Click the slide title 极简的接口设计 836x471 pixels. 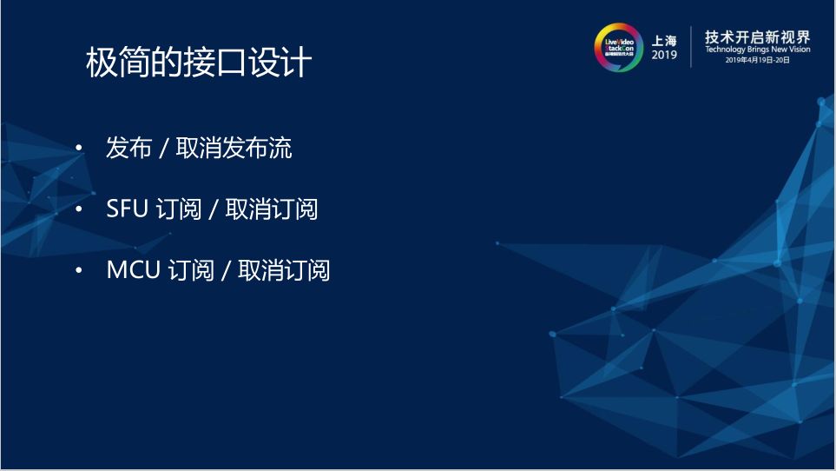[x=198, y=63]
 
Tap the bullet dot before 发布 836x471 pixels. [x=81, y=149]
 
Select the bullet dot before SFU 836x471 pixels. [x=81, y=210]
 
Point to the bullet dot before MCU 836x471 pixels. [x=81, y=271]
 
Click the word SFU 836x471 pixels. [x=128, y=209]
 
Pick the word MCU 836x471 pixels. [x=134, y=270]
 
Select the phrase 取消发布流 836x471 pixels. [x=234, y=149]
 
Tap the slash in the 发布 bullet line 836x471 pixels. [x=163, y=149]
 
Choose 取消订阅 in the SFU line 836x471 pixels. [x=271, y=209]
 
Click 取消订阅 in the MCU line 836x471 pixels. [x=283, y=270]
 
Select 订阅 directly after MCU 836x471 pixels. [x=191, y=270]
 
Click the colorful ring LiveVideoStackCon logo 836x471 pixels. [x=618, y=46]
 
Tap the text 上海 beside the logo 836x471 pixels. [x=664, y=39]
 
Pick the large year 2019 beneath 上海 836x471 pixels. [x=664, y=55]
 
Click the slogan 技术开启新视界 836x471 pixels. [x=757, y=36]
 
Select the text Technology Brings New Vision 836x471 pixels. [x=757, y=50]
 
